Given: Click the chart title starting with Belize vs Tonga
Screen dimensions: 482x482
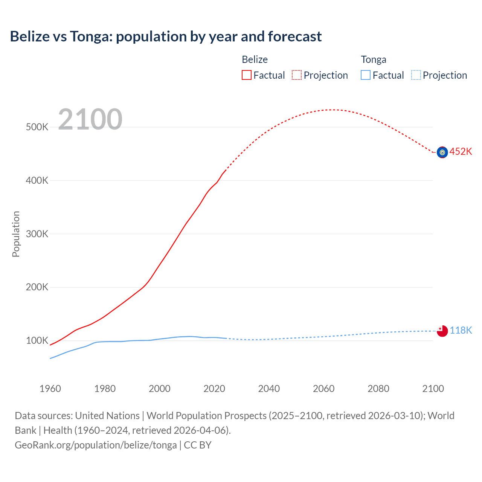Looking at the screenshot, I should point(166,37).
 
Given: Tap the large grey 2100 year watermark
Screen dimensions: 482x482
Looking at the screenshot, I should point(90,119).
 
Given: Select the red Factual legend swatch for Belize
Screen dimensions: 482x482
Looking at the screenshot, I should point(247,75).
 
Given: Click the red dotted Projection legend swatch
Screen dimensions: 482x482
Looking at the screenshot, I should point(297,75).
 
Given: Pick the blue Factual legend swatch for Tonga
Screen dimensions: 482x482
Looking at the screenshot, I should point(366,75).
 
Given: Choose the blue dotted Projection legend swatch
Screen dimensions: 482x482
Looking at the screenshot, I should point(416,75).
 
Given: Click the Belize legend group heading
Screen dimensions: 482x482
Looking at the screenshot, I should point(255,59).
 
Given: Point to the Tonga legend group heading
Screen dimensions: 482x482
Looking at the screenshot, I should point(374,59).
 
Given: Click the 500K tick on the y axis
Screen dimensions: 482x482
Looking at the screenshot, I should point(37,127).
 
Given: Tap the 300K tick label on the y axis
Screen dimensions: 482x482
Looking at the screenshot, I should point(37,234).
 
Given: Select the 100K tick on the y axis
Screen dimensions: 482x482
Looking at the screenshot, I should point(37,340).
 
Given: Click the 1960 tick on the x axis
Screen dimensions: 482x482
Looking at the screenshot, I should point(50,389).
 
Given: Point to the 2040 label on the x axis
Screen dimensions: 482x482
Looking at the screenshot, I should point(269,389).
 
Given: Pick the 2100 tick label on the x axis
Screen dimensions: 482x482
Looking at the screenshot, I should point(433,389).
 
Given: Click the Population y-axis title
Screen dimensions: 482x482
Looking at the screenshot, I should point(16,234).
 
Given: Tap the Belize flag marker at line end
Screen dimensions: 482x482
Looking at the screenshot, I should point(442,152).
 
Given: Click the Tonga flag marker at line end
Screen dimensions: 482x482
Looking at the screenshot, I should point(442,331).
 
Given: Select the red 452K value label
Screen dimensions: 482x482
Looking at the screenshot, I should point(461,151).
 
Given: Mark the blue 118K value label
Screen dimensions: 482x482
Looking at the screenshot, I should point(461,330).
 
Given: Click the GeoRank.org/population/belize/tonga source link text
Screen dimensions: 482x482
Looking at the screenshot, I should point(96,445).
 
